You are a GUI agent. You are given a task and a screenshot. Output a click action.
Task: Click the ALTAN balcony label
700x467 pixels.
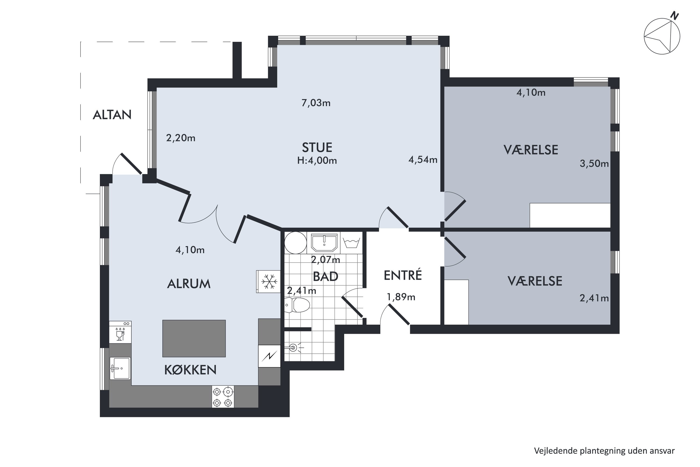point(112,115)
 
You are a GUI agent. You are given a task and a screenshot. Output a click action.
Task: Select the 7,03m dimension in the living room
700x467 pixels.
point(316,103)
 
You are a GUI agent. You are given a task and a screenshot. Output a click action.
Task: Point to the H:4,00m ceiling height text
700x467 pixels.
point(317,161)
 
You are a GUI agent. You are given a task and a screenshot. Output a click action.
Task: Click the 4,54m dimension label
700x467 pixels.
point(423,160)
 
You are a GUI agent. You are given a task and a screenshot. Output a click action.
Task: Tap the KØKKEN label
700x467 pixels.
point(190,370)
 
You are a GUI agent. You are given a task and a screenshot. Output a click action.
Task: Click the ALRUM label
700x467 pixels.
point(189,284)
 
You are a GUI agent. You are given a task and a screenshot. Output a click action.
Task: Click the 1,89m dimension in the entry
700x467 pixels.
point(401,297)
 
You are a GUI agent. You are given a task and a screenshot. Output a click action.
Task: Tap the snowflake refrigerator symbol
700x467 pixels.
point(269,281)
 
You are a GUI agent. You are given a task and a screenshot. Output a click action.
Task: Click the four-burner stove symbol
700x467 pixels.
point(223,396)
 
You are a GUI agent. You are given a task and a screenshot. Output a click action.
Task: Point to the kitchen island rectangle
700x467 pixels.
point(194,338)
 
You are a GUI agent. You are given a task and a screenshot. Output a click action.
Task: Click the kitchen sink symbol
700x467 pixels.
point(120,368)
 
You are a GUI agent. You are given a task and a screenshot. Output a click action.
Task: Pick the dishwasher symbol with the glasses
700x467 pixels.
point(120,332)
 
